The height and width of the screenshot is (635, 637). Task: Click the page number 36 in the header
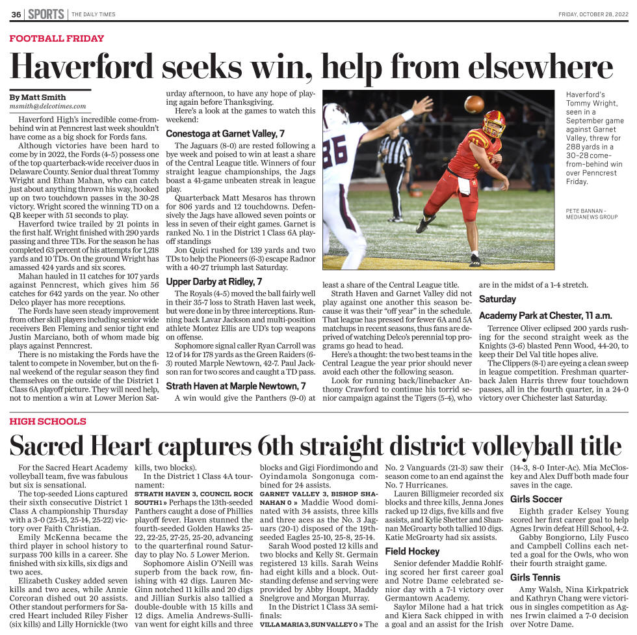[x=16, y=14]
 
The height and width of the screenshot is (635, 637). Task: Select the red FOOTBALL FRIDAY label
[x=57, y=38]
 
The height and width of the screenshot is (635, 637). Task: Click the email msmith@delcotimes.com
[x=48, y=106]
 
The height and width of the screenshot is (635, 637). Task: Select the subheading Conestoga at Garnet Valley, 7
[x=225, y=133]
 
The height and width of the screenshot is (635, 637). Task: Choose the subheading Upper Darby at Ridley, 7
[x=214, y=282]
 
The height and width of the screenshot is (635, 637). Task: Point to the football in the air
[x=474, y=104]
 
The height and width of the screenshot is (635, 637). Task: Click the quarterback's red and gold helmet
[x=494, y=123]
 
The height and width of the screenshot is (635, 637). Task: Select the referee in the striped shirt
[x=395, y=163]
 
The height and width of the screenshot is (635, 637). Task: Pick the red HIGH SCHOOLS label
[x=47, y=422]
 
